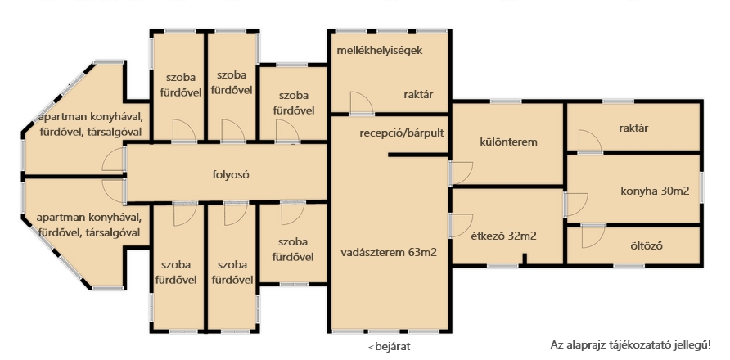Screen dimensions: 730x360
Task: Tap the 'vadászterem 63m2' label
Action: point(389,253)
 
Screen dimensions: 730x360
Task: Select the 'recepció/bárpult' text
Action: point(402,133)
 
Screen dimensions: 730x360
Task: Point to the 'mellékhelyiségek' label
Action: point(380,50)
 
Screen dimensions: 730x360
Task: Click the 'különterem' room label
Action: point(508,142)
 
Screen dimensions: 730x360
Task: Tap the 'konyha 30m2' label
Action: point(655,191)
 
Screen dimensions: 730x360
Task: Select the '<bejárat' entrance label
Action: point(390,346)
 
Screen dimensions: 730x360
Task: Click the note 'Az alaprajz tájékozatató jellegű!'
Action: point(630,345)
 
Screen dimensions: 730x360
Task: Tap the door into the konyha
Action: point(576,205)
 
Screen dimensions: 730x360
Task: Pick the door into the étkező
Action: point(461,225)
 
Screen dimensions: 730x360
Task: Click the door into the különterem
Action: point(461,173)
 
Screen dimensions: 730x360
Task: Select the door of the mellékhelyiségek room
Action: point(362,103)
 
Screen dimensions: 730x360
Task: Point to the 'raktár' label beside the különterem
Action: point(633,128)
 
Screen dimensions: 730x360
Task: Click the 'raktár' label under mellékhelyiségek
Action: point(418,95)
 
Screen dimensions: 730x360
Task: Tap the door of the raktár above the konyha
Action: point(590,141)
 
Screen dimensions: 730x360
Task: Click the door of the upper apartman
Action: point(114,160)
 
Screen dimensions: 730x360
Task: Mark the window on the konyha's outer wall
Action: point(701,189)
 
